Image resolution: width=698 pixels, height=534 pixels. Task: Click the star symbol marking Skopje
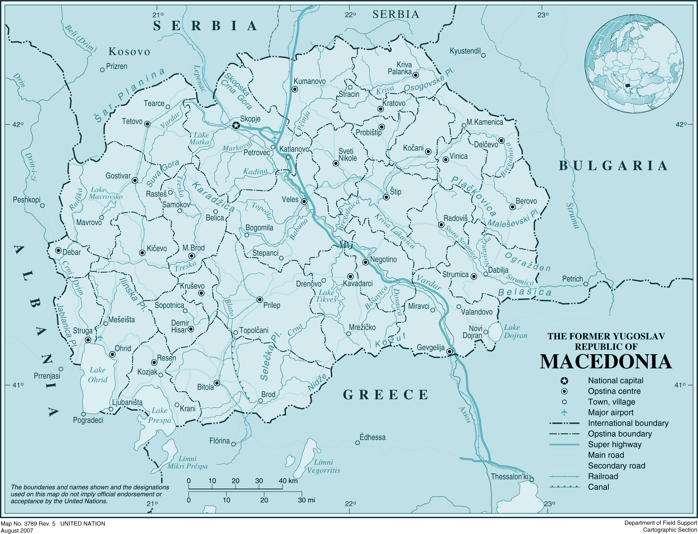(236, 125)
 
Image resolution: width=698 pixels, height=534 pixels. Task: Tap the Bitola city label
(206, 387)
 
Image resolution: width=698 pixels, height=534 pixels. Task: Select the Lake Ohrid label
(98, 375)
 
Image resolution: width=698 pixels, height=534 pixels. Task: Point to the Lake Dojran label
(515, 331)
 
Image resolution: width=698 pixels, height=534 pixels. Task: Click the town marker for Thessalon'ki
(532, 480)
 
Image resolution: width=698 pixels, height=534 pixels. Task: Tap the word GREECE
(386, 395)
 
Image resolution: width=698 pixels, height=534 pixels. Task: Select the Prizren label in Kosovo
(117, 66)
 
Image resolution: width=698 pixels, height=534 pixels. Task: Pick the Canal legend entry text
(598, 487)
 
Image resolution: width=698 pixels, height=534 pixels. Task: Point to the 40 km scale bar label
(288, 481)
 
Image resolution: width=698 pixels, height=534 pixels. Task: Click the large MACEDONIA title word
(606, 362)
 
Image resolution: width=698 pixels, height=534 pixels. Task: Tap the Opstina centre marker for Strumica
(474, 276)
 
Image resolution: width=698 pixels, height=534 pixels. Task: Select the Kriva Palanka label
(400, 68)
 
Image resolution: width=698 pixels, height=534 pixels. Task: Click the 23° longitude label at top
(543, 15)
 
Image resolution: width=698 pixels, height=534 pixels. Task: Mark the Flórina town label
(219, 441)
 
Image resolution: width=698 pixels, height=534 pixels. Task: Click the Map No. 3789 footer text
(28, 523)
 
